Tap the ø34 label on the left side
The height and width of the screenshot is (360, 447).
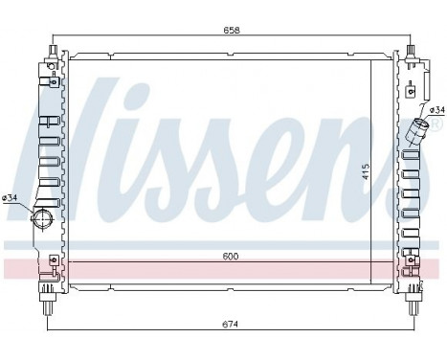(x=11, y=198)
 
